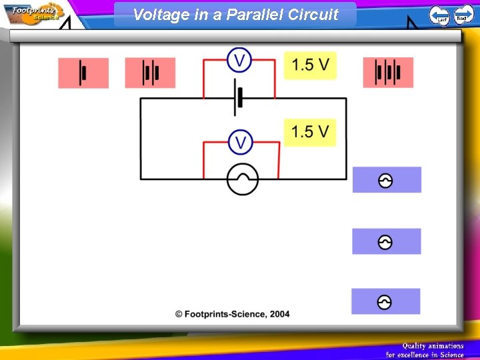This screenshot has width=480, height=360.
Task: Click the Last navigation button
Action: [x=439, y=15]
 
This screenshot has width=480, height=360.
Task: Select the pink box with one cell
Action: [x=83, y=73]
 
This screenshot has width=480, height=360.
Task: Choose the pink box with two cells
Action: [x=150, y=73]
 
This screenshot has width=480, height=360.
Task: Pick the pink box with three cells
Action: [x=388, y=73]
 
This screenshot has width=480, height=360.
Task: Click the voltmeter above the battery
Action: [x=239, y=60]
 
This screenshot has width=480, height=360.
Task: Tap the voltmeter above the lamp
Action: [x=241, y=142]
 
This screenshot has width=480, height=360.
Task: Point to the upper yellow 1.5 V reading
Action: [x=310, y=65]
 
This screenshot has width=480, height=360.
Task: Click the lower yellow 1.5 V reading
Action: [x=310, y=132]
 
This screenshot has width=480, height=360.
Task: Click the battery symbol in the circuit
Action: [x=237, y=98]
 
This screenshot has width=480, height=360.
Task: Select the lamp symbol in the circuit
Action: [x=242, y=179]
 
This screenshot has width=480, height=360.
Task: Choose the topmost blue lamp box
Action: [x=387, y=180]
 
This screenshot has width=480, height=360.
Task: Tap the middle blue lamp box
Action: [x=386, y=241]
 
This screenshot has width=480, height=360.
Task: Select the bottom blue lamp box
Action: [x=385, y=302]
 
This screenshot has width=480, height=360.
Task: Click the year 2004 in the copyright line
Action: [x=279, y=314]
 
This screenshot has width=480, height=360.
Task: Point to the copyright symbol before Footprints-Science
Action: [x=179, y=314]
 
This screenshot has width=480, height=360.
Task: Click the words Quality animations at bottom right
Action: [x=433, y=345]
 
